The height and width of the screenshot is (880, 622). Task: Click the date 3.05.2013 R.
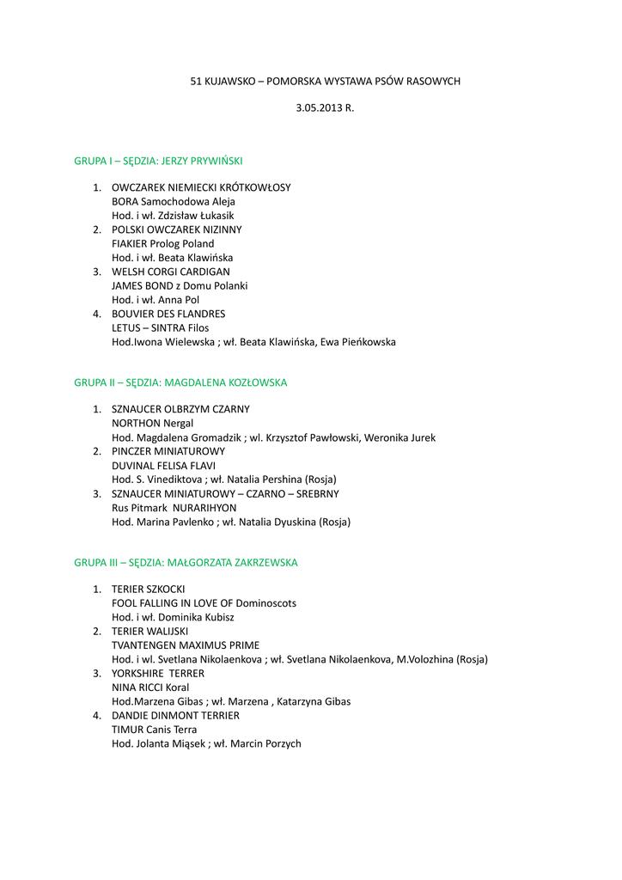click(x=325, y=109)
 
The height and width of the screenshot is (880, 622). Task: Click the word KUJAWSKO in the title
click(x=229, y=82)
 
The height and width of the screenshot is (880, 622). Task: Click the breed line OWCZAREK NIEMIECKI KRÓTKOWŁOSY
click(x=201, y=187)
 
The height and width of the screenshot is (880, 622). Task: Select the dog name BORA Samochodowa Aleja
click(x=174, y=202)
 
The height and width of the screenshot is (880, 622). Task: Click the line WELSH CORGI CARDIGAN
click(x=171, y=272)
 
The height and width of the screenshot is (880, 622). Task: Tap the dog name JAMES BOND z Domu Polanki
click(x=180, y=286)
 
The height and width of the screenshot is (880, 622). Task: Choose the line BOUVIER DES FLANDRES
click(x=168, y=314)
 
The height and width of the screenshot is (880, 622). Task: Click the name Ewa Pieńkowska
click(x=358, y=342)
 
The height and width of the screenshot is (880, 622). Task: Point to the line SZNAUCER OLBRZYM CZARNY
click(x=180, y=409)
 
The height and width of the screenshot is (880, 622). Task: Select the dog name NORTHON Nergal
click(x=153, y=424)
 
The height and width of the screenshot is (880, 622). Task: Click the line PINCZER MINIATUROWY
click(x=168, y=451)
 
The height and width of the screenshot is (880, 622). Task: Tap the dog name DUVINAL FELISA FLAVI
click(x=164, y=466)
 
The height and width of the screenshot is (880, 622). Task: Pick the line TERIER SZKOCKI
click(x=149, y=590)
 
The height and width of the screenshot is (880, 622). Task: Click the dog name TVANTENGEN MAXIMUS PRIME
click(x=186, y=645)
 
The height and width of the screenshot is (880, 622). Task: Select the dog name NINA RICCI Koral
click(x=150, y=687)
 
